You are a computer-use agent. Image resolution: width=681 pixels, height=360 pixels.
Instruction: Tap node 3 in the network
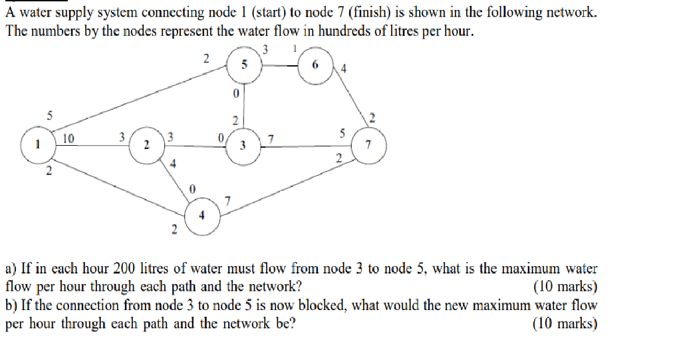tap(244, 145)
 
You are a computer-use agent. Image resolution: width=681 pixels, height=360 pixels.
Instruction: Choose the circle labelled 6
tap(317, 65)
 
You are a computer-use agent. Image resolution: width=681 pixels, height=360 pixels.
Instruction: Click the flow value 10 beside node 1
tap(68, 138)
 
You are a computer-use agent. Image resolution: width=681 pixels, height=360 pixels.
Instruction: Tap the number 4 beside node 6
tap(343, 68)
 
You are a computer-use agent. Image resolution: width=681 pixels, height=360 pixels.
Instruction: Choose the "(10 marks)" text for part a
tap(565, 287)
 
